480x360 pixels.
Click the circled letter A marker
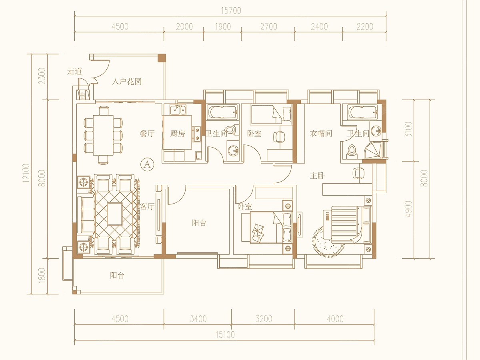147,164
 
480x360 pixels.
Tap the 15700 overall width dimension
231,10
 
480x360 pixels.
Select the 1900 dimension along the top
223,27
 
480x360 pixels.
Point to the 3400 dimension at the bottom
198,319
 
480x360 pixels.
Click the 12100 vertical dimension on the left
26,173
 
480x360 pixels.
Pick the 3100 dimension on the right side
408,130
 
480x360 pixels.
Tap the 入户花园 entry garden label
127,82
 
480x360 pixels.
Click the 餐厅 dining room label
147,133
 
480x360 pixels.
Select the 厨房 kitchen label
178,133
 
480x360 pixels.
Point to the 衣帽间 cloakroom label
321,133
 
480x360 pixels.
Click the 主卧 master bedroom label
317,176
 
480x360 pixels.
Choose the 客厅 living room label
147,206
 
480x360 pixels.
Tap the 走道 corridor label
74,71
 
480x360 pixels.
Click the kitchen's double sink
178,110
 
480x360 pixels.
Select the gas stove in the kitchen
196,134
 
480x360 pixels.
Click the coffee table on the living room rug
114,214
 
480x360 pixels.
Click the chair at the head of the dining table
103,111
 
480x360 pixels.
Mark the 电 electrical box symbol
83,95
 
